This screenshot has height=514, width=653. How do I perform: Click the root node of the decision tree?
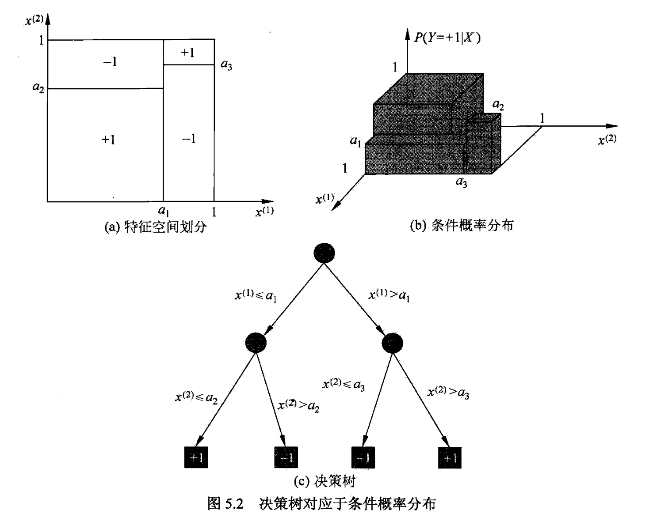click(324, 253)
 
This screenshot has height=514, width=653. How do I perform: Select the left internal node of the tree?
click(256, 343)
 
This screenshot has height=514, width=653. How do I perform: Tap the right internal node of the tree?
click(392, 343)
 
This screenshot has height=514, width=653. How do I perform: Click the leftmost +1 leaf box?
click(196, 457)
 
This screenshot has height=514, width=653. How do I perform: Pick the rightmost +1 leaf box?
click(450, 457)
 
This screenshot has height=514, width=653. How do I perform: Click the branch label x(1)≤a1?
click(256, 295)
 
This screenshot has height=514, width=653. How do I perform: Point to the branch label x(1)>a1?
click(389, 295)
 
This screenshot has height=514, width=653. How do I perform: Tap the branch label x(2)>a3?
click(448, 393)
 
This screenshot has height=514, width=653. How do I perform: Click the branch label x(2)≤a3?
click(344, 385)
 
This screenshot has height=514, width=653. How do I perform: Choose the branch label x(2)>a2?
click(298, 405)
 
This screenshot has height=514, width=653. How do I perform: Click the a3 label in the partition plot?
click(226, 65)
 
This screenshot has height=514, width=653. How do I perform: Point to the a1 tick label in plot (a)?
click(164, 211)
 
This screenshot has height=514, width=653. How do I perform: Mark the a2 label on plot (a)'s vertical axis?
click(38, 87)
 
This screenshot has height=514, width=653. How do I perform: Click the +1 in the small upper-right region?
click(188, 53)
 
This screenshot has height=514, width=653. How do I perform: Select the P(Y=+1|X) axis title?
click(447, 38)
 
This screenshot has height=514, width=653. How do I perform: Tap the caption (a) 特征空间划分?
click(156, 227)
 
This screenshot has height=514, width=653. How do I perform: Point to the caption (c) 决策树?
click(325, 481)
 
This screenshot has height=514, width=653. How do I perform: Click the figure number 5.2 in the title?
click(234, 503)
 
